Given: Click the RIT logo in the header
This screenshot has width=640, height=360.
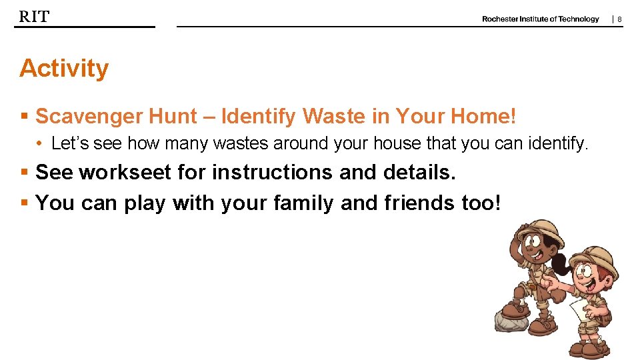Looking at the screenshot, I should click(34, 17).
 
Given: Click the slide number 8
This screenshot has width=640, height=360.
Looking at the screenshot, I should click(619, 20).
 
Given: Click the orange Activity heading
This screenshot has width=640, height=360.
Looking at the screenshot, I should click(64, 69).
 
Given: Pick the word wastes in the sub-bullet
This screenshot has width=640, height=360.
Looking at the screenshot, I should click(236, 143).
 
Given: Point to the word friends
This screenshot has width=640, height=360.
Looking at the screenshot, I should click(419, 203).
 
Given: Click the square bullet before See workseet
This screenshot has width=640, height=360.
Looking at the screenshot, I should click(24, 173).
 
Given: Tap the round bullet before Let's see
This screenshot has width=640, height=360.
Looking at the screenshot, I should click(41, 143).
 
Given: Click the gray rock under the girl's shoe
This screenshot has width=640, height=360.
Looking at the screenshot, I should click(511, 323).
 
